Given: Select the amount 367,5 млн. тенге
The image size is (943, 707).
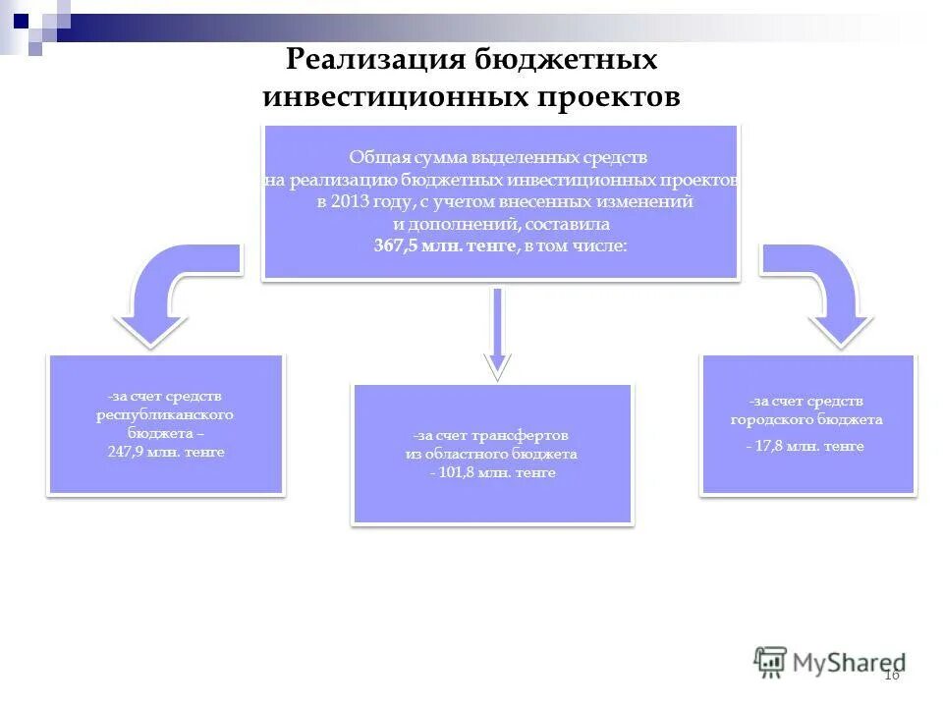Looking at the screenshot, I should coord(444,245).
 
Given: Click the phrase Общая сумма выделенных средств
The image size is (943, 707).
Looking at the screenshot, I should coord(499,157).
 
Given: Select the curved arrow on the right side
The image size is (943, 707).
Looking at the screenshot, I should coord(825,295).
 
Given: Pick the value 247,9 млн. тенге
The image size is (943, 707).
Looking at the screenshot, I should coord(166,452).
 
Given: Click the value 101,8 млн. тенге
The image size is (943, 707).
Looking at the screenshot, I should coord(492,472).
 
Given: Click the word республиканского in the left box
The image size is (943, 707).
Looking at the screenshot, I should coord(165,414).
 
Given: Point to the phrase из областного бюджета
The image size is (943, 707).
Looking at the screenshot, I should coord(491,454).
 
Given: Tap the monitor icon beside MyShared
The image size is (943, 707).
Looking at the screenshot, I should coord(771,661).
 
